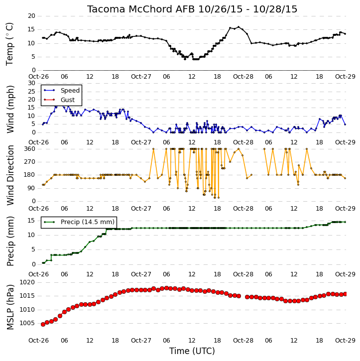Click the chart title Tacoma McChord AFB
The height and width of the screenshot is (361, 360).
[x=141, y=9]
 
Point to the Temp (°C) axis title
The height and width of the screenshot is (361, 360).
[x=9, y=44]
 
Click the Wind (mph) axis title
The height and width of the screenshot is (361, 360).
[x=10, y=109]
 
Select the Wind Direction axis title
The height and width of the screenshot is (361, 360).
[x=10, y=175]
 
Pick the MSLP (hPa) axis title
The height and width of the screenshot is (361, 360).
[x=10, y=307]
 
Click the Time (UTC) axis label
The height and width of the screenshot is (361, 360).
[x=192, y=351]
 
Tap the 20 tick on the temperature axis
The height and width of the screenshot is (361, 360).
[x=31, y=16]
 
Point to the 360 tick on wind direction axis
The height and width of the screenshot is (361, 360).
[x=30, y=149]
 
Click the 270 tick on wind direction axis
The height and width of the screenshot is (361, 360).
[x=30, y=162]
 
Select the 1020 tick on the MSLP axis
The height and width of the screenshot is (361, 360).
[x=27, y=282]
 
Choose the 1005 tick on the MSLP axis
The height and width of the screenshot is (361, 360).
[x=27, y=323]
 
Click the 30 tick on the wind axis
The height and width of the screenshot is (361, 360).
[x=31, y=83]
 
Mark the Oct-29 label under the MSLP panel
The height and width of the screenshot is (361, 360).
[x=345, y=340]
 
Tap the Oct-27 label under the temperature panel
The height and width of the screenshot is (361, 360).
[x=141, y=77]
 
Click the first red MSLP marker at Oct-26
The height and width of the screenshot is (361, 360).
[x=43, y=324]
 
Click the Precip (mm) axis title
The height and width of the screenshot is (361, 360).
[x=10, y=241]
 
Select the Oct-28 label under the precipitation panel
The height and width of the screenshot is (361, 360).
[x=243, y=274]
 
